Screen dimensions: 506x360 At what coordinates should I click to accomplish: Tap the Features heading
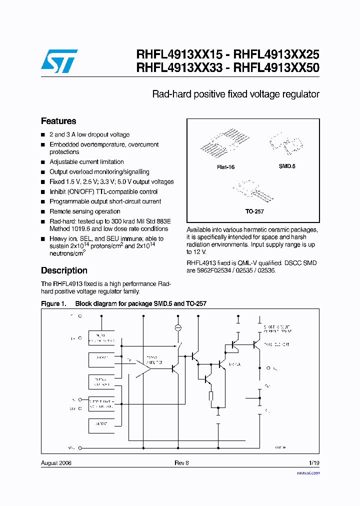tap(58, 121)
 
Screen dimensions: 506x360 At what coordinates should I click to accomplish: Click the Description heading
tap(64, 270)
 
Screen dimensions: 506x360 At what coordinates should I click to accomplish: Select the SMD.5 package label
tap(287, 166)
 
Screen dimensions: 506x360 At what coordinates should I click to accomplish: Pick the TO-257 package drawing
tap(251, 191)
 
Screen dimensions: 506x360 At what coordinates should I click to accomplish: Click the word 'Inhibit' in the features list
tap(59, 192)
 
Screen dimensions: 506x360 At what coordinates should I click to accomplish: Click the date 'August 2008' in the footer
tap(56, 463)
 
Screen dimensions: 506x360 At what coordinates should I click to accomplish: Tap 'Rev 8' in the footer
tap(181, 463)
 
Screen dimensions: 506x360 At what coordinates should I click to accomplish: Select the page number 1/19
tap(313, 463)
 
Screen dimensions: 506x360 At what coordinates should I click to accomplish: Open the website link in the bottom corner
tap(308, 472)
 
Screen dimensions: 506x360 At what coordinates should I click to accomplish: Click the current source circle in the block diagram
tap(177, 327)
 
